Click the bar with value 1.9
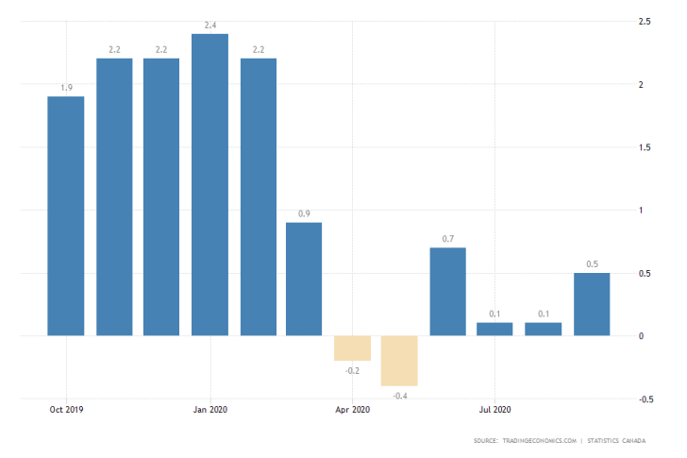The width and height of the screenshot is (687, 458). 66,215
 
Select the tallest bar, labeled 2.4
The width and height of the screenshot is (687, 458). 209,184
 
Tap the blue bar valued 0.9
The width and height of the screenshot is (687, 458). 304,279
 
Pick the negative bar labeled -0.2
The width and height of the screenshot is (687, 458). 352,348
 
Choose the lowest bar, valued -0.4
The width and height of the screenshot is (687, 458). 400,360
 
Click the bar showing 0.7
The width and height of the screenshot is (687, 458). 447,291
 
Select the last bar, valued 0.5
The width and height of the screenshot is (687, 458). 591,304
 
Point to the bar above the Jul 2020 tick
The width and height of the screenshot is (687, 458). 494,329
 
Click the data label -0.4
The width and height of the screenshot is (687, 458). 400,396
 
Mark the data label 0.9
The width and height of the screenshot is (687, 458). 304,214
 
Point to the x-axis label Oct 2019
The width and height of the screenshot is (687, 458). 66,410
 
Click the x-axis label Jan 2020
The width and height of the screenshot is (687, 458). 209,410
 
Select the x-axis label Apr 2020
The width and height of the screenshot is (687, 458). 352,410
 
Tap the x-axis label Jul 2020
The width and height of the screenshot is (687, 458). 494,410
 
